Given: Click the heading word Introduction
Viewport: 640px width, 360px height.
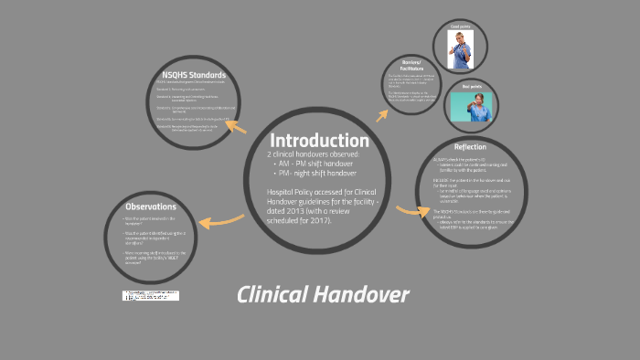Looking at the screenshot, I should pos(319,141).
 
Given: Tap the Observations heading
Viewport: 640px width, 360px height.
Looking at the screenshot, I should pos(152,206).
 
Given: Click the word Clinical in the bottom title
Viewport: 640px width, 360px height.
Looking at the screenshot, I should pos(273,294).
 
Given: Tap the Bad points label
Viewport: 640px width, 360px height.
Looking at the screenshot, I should pos(472,85).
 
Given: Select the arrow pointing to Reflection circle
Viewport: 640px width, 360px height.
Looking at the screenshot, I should pos(412,211).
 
